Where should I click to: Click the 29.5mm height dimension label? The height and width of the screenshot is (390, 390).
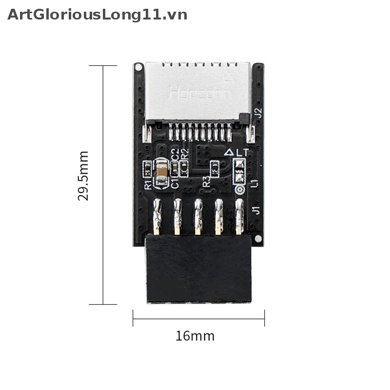(83, 175)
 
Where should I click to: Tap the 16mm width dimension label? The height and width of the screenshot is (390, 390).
(195, 336)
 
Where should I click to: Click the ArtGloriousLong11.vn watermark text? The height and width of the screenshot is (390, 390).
(97, 15)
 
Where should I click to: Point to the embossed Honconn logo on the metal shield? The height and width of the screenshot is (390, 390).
(200, 93)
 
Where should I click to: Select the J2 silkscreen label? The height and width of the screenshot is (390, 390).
(258, 113)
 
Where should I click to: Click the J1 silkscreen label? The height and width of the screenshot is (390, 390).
(255, 211)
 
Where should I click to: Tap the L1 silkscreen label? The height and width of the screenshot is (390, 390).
(253, 183)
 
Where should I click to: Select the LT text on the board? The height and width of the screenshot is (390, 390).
(242, 152)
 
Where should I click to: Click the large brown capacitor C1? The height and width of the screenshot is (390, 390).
(160, 171)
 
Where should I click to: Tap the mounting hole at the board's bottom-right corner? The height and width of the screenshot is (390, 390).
(257, 239)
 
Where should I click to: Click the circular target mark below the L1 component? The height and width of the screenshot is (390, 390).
(239, 189)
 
